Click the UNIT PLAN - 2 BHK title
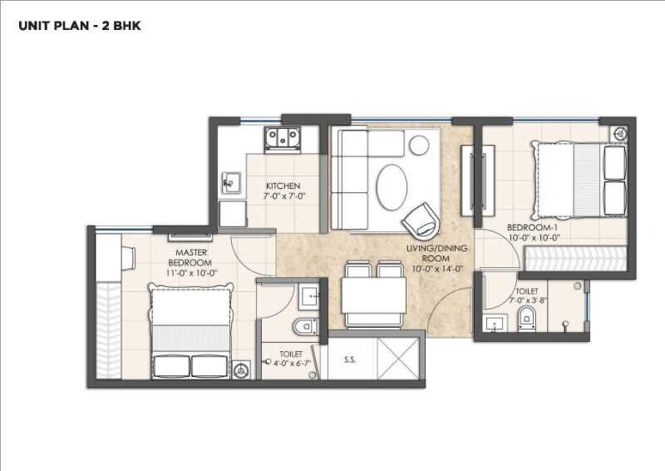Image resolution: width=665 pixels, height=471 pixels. pos(80,26)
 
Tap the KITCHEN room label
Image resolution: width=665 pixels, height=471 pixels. pos(283,185)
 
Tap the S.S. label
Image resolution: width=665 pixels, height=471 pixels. pos(350,360)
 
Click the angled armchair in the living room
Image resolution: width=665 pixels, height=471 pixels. pos(419,219)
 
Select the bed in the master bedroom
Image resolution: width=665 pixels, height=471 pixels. pos(190,330)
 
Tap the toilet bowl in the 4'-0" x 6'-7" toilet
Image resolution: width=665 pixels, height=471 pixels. pos(303,325)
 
